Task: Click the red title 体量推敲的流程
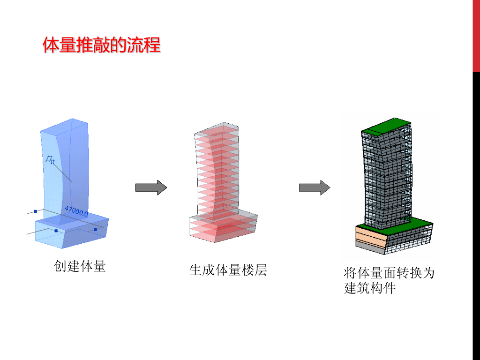pyautogui.click(x=101, y=45)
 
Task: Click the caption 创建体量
pyautogui.click(x=80, y=266)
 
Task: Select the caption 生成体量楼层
pyautogui.click(x=228, y=270)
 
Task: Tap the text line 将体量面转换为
pyautogui.click(x=389, y=272)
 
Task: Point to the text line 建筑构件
pyautogui.click(x=370, y=288)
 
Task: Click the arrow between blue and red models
pyautogui.click(x=151, y=187)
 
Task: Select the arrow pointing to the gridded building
pyautogui.click(x=315, y=187)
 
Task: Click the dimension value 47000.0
pyautogui.click(x=76, y=211)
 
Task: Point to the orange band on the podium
pyautogui.click(x=370, y=236)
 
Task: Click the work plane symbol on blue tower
pyautogui.click(x=50, y=160)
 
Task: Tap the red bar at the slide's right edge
pyautogui.click(x=476, y=36)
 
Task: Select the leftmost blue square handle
pyautogui.click(x=35, y=211)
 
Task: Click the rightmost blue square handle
pyautogui.click(x=95, y=229)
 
